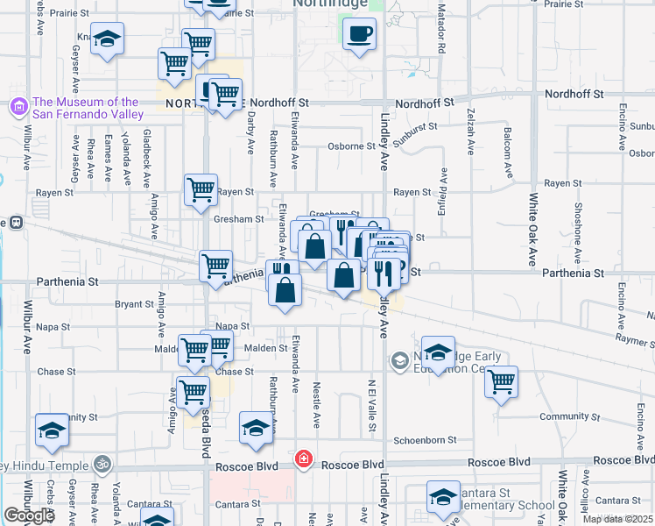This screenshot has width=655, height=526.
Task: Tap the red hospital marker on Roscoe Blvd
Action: (x=304, y=458)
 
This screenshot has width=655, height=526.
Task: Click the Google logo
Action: (x=29, y=515)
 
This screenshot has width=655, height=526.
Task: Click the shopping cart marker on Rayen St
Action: (x=201, y=189)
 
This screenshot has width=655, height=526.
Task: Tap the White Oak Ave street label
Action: (x=532, y=228)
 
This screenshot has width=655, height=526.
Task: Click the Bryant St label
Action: (x=134, y=304)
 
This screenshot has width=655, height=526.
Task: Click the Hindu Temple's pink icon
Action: (x=103, y=462)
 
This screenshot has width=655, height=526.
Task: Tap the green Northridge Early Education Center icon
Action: (x=400, y=360)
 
